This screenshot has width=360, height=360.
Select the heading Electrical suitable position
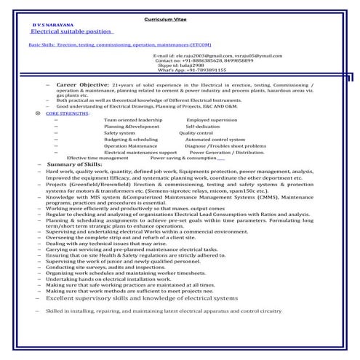(71, 32)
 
